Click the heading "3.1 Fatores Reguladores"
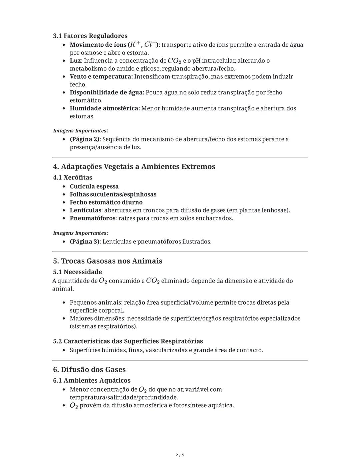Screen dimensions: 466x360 coord(90,36)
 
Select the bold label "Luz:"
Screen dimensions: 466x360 coord(76,61)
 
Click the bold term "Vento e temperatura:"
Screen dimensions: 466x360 coord(101,77)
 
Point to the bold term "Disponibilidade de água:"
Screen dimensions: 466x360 coord(107,92)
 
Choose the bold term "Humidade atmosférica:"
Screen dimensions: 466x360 coord(105,108)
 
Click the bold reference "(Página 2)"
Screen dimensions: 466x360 coord(84,139)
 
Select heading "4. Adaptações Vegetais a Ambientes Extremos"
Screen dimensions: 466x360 coord(134,166)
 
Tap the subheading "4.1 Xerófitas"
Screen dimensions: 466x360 coord(72,177)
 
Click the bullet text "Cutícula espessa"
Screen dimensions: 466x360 coord(94,186)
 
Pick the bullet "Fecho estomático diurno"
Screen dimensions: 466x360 coord(106,202)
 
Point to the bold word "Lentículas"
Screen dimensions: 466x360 coord(85,210)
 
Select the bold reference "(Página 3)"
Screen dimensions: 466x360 coord(84,242)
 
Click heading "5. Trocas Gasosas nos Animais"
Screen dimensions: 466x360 coord(107,261)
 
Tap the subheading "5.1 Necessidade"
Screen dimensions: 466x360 coord(77,272)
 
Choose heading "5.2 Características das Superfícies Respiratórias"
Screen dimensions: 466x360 coord(128,341)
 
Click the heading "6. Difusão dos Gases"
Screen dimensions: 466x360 coord(89,370)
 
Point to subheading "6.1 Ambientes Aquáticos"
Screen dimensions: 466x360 coord(92,381)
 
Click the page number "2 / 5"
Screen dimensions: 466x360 coord(180,455)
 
